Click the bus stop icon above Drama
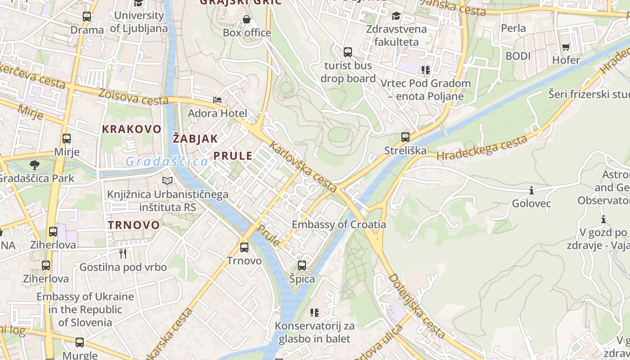[87, 17]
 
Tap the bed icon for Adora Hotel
[217, 99]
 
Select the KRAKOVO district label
[131, 129]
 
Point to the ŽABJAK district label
[195, 139]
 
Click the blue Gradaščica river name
[166, 162]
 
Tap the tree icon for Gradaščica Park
[35, 165]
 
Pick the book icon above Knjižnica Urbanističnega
[167, 181]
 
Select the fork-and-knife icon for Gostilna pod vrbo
[123, 254]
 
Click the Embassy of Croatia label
[339, 225]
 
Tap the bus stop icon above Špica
[302, 265]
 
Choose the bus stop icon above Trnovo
[244, 247]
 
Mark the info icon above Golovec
[531, 191]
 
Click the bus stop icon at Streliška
[405, 137]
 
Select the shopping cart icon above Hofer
[566, 47]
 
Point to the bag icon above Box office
[247, 19]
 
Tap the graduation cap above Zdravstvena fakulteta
[396, 16]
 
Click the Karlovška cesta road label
[303, 167]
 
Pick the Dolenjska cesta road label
[417, 306]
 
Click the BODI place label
[518, 56]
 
